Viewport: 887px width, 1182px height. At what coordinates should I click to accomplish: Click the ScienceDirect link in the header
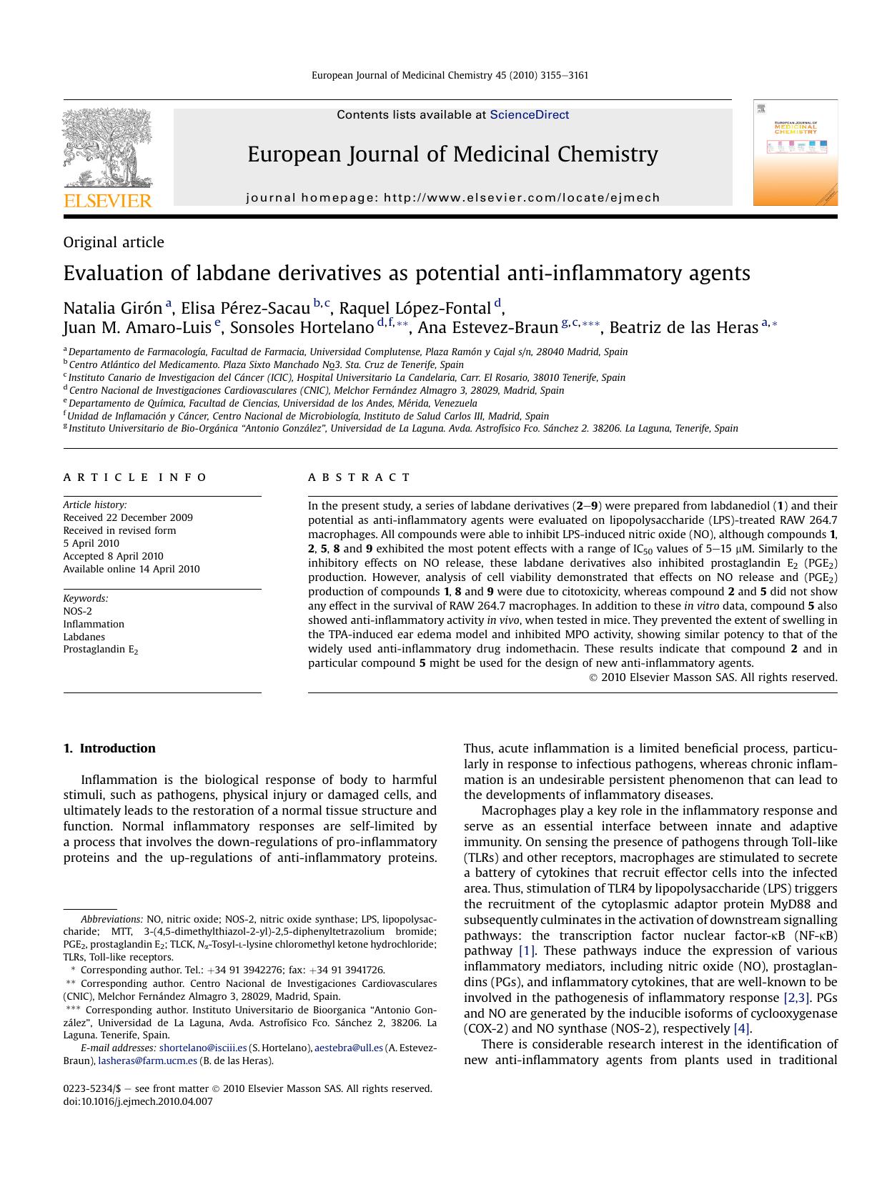pyautogui.click(x=529, y=115)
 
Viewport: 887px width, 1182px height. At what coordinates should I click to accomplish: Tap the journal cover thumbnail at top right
pyautogui.click(x=795, y=153)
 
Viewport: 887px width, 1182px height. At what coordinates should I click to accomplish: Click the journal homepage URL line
pyautogui.click(x=452, y=198)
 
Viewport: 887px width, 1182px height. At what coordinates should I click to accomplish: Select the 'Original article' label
pyautogui.click(x=114, y=242)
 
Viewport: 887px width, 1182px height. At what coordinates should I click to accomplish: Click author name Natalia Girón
pyautogui.click(x=113, y=308)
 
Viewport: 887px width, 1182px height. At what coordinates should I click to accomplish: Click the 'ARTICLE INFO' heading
pyautogui.click(x=135, y=477)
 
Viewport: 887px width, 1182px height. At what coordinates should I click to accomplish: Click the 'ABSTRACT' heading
pyautogui.click(x=360, y=477)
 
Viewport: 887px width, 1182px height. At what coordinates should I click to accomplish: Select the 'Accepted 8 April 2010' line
pyautogui.click(x=113, y=556)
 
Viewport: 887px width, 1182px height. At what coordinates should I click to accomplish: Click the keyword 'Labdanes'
pyautogui.click(x=84, y=637)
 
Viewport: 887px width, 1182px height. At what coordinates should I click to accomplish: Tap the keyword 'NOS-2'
pyautogui.click(x=77, y=611)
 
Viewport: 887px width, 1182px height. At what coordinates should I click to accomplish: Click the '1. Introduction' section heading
pyautogui.click(x=109, y=748)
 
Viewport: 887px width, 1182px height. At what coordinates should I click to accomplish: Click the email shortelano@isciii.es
pyautogui.click(x=203, y=1048)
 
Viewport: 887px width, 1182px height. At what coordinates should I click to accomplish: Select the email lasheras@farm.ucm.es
pyautogui.click(x=147, y=1061)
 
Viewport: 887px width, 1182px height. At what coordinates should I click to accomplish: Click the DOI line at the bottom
pyautogui.click(x=138, y=1101)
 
